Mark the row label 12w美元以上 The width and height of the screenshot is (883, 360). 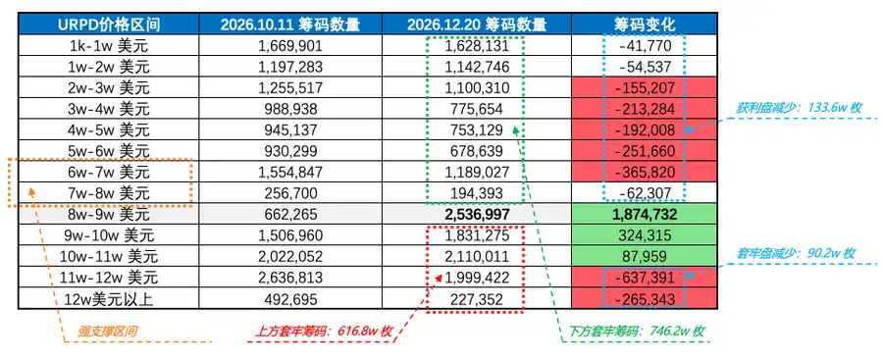[107, 299]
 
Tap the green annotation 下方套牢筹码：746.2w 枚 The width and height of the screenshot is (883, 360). [637, 332]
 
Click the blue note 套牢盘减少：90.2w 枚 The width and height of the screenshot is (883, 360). [796, 253]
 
